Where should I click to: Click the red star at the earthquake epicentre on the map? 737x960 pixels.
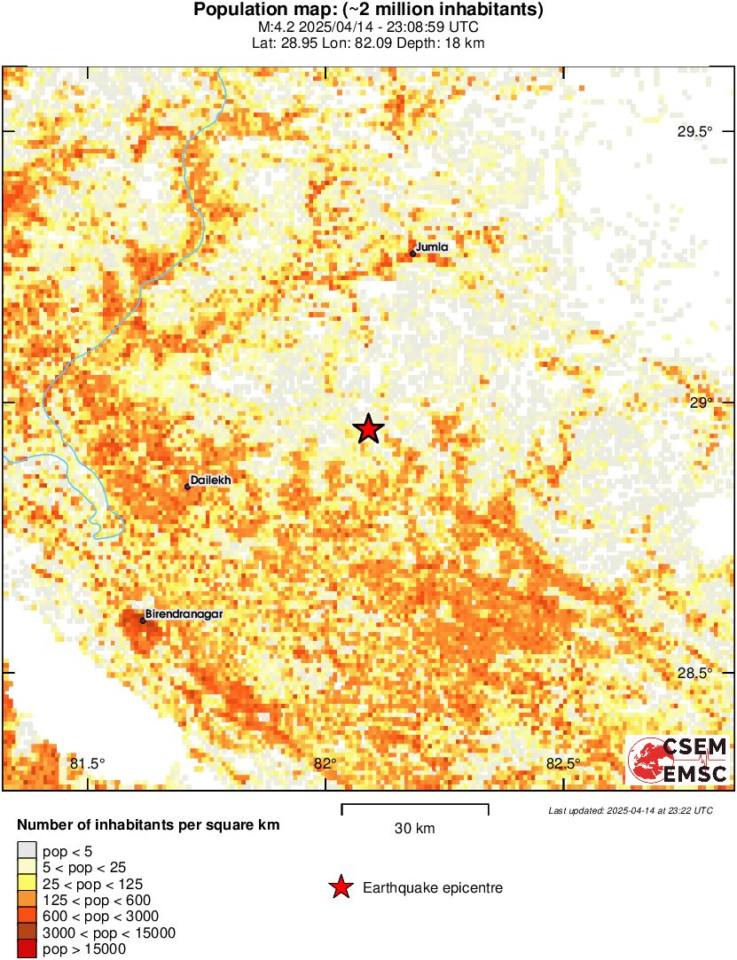coord(368,429)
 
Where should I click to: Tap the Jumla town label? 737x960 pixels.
coord(432,247)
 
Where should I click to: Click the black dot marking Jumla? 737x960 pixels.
coord(413,254)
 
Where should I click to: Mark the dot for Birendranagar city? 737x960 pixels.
coord(143,620)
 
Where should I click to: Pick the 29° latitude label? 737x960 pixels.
coord(702,402)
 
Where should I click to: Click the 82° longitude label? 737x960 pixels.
coord(325,763)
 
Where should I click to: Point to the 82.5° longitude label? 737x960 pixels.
coord(563,763)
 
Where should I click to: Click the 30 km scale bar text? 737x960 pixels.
coord(415,829)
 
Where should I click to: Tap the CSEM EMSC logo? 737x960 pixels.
coord(678,761)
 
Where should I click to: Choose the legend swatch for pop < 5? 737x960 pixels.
coord(27,853)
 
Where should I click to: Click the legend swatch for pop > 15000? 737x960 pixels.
coord(27,948)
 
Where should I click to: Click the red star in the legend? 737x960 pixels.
coord(341,887)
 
